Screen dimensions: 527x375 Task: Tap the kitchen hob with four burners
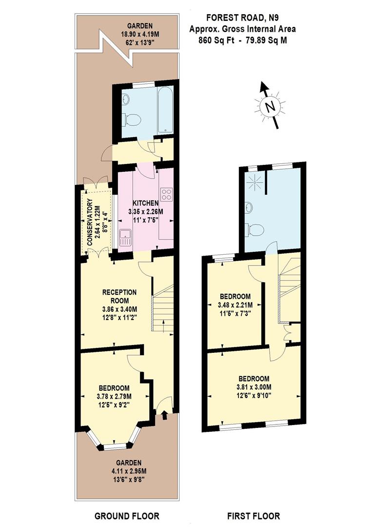click(166, 194)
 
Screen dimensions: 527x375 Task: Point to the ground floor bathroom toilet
click(131, 119)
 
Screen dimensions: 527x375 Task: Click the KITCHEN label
click(144, 203)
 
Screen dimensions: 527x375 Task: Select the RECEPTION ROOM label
click(119, 296)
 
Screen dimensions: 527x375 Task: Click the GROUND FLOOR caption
click(127, 516)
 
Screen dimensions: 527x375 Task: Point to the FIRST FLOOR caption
click(254, 516)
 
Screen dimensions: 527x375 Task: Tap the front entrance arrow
click(164, 415)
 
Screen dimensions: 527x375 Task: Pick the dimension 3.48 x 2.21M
click(235, 305)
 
